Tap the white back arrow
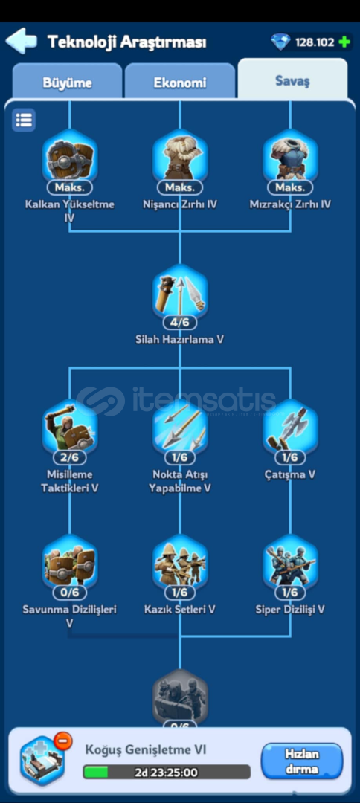[21, 41]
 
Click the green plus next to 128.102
[344, 42]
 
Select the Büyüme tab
[67, 83]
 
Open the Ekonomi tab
[180, 83]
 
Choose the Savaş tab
[292, 80]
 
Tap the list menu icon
[24, 120]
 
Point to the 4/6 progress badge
[180, 323]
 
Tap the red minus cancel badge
[63, 741]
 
